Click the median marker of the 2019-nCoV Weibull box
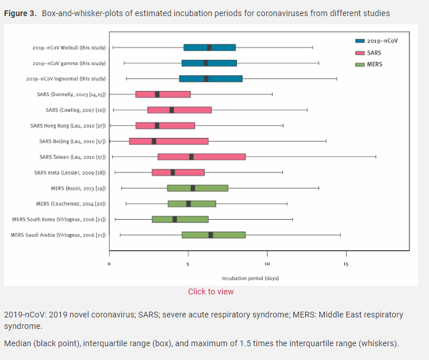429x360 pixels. point(209,48)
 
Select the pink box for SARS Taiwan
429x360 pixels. point(201,156)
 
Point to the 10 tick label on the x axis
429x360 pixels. point(267,264)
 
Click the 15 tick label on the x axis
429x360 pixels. point(346,264)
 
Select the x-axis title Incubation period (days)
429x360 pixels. point(250,278)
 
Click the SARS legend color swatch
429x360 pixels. point(360,52)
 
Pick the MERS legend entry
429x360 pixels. point(374,64)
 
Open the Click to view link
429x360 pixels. point(210,292)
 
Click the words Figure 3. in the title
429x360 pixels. point(21,13)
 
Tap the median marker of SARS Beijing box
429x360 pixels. point(154,141)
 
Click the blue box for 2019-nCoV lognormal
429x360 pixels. point(210,79)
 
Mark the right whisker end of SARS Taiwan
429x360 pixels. point(376,156)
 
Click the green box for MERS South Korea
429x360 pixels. point(180,219)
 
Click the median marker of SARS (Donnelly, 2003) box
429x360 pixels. point(157,94)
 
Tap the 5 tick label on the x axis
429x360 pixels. point(187,264)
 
